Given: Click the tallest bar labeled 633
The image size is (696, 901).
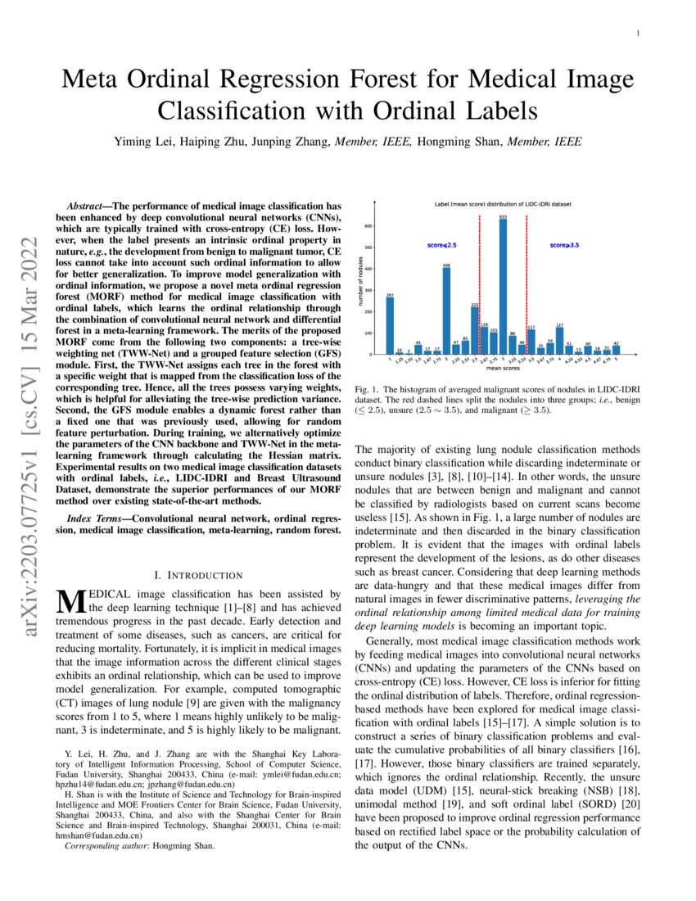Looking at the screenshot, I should click(x=503, y=287).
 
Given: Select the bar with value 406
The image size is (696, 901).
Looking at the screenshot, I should click(x=446, y=311).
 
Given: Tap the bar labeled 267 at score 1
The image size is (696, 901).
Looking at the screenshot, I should click(x=390, y=326).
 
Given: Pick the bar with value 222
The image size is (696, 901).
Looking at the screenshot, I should click(x=475, y=331).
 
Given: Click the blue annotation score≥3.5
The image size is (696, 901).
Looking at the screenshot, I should click(x=564, y=245).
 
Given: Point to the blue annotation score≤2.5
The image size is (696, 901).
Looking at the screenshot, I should click(x=442, y=245).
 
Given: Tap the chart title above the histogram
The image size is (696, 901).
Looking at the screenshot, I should click(x=503, y=203).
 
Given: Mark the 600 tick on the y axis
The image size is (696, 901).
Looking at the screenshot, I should click(x=370, y=226).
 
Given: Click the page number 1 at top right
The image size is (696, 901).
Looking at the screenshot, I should click(x=638, y=34).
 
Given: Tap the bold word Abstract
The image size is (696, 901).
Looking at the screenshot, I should click(x=87, y=201).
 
